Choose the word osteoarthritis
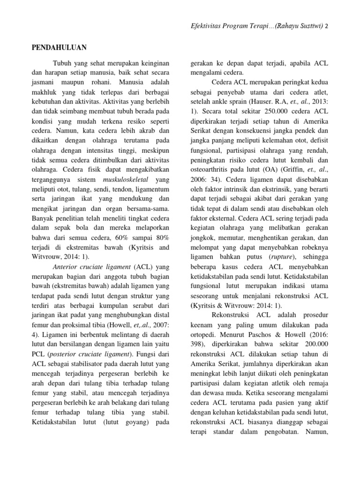point(213,158)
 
